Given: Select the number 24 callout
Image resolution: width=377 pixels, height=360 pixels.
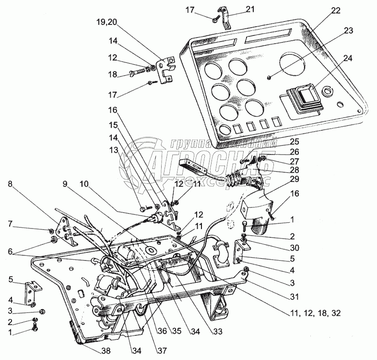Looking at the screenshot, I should click(x=347, y=59).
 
